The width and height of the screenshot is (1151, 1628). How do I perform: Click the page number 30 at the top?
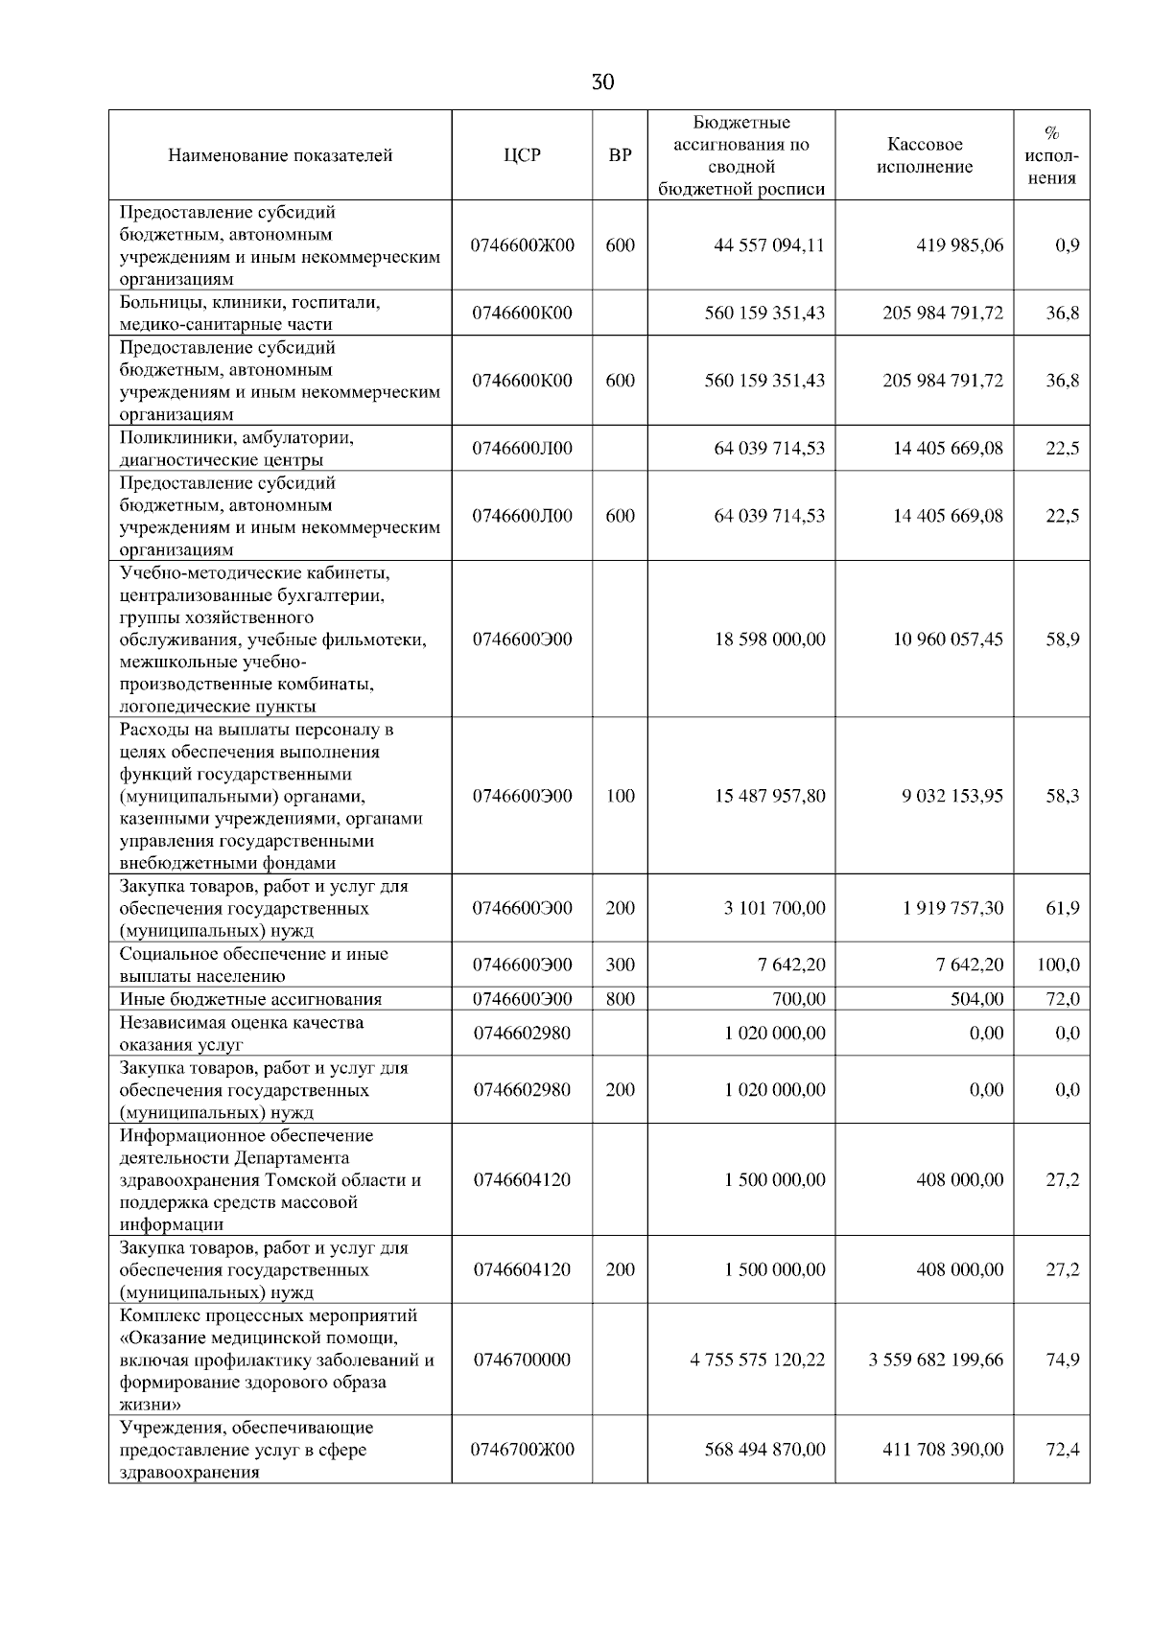602,82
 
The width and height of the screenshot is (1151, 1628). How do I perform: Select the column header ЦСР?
522,155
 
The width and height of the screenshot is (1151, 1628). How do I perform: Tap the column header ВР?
621,155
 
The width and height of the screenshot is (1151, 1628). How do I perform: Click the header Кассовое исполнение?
925,155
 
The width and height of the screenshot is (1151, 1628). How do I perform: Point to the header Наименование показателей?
280,155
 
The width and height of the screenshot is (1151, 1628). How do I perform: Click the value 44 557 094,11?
769,245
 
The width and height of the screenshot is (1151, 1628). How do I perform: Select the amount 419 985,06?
959,245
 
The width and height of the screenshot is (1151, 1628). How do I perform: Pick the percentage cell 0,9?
1067,245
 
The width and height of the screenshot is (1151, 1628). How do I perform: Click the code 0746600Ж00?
522,245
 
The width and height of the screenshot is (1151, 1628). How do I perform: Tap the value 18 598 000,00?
769,640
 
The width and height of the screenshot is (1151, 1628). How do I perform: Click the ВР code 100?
621,796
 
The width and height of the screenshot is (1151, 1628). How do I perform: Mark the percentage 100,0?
1058,965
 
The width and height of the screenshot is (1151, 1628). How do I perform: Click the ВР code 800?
621,999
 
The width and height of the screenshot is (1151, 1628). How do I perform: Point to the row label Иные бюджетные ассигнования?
250,999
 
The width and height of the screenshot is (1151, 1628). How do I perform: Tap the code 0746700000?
522,1360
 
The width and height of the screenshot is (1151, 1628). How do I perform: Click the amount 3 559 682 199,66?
936,1360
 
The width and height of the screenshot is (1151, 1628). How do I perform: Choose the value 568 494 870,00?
764,1450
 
